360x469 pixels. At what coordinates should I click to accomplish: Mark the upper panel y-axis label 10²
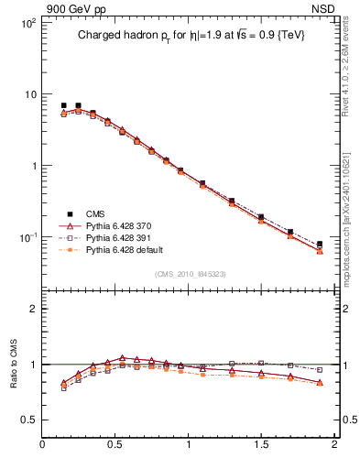tap(27, 23)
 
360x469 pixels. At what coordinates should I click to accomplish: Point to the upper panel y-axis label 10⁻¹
tap(27, 237)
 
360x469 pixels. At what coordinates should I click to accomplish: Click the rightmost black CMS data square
tap(320, 245)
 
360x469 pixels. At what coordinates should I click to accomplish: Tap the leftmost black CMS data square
tap(63, 105)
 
